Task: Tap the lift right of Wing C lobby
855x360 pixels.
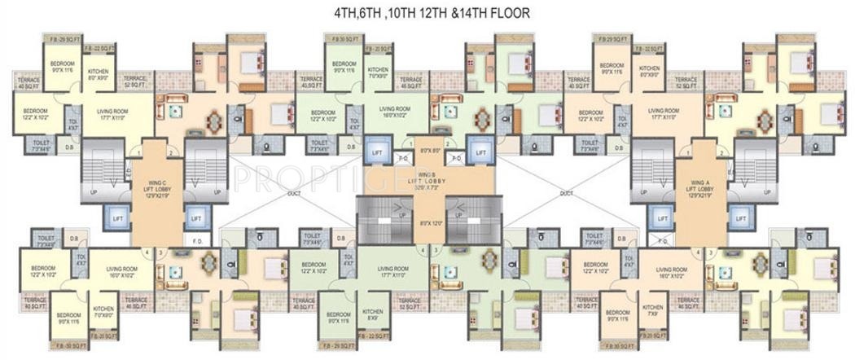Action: click(x=195, y=218)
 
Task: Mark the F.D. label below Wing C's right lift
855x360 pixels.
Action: click(x=198, y=241)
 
